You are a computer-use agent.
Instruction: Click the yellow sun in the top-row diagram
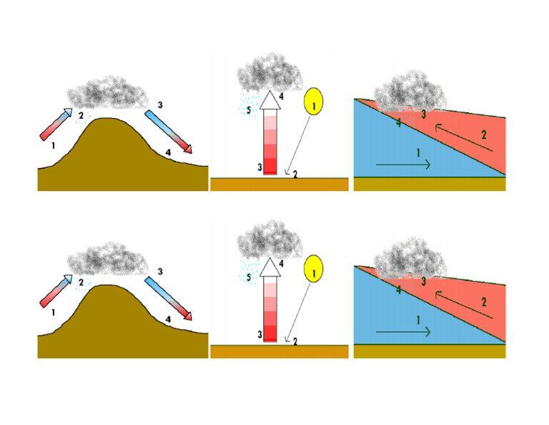(314, 102)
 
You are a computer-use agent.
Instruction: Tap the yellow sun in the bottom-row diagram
(314, 270)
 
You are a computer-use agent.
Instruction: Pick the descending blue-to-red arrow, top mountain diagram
(170, 132)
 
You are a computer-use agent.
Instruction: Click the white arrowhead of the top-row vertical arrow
(269, 101)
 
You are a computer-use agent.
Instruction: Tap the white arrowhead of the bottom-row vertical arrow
(269, 268)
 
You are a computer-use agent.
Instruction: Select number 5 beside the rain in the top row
(248, 110)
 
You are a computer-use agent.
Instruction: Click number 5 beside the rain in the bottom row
(248, 278)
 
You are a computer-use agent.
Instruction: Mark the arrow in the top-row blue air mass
(403, 165)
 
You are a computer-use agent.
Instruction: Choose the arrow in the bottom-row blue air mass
(403, 332)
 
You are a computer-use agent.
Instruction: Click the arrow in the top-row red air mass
(465, 137)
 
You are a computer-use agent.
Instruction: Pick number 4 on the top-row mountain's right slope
(167, 152)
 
